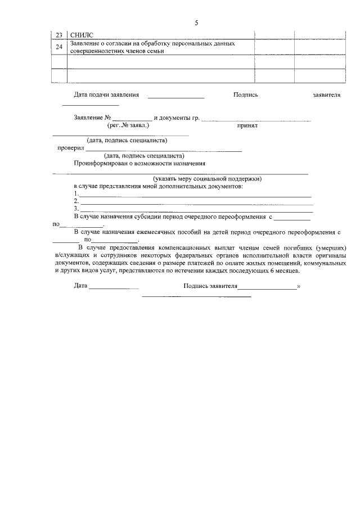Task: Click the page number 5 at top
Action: point(196,23)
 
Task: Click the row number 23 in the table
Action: point(60,35)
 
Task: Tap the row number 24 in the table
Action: point(60,47)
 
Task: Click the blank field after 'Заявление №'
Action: point(132,119)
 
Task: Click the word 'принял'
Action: point(247,127)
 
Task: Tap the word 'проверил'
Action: point(71,148)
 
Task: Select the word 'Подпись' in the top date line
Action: point(245,95)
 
